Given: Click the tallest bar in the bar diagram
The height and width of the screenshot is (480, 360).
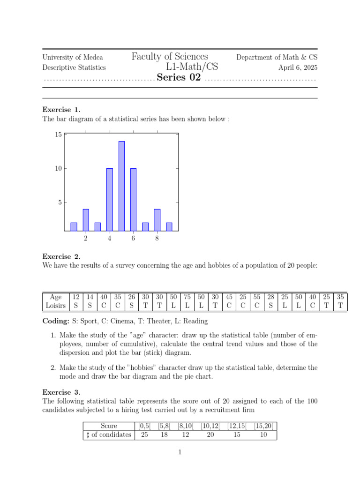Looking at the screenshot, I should pos(121,186).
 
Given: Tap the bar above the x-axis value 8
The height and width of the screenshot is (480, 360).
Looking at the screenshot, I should pos(157,220).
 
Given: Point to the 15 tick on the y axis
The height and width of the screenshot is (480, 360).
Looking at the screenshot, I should pos(58,135).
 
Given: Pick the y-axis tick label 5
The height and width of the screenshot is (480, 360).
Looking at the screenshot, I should pos(60,202).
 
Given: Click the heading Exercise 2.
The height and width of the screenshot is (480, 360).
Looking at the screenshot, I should pos(61,256).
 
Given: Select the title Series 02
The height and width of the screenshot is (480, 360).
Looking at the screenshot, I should pos(179,78).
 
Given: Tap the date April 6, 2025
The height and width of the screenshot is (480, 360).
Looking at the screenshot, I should pos(298,67).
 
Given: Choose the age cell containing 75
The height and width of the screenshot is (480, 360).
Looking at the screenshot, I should pos(187,297).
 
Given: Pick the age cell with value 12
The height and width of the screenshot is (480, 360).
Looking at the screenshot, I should pos(76,297).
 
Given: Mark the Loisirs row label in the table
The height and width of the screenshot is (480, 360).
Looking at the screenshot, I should pos(56,306).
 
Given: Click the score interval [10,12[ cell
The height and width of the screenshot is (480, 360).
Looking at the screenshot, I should pos(210,426).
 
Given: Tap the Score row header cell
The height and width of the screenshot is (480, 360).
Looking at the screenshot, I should pos(109,426).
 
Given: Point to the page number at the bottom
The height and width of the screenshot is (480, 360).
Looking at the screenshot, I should pos(180,452).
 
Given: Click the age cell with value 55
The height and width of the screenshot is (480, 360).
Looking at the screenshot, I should pos(256,297).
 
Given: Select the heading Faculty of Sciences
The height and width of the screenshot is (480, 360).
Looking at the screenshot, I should pos(170,57).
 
